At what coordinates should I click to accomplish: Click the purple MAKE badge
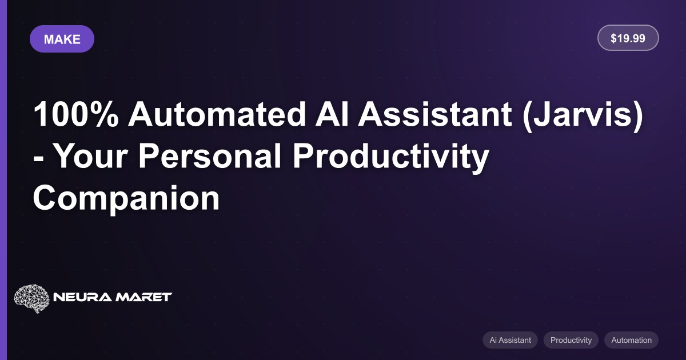coord(62,39)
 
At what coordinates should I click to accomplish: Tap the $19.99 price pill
coord(628,38)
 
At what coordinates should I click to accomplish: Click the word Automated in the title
coord(217,114)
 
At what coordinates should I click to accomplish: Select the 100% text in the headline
coord(75,114)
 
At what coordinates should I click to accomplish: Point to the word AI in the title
coord(332,114)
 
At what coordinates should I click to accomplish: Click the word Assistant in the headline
coord(435,114)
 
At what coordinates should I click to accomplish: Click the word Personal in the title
coord(210,156)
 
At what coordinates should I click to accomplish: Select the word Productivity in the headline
coord(391,158)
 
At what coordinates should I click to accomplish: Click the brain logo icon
coord(31,298)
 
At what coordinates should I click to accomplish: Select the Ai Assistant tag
coord(510,340)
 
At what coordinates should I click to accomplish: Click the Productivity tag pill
coord(571,340)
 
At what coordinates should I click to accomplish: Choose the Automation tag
coord(632,340)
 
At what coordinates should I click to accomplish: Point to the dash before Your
coord(38,159)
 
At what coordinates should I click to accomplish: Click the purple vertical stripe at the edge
coord(3,180)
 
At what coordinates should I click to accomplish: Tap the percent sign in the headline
coord(103,114)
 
